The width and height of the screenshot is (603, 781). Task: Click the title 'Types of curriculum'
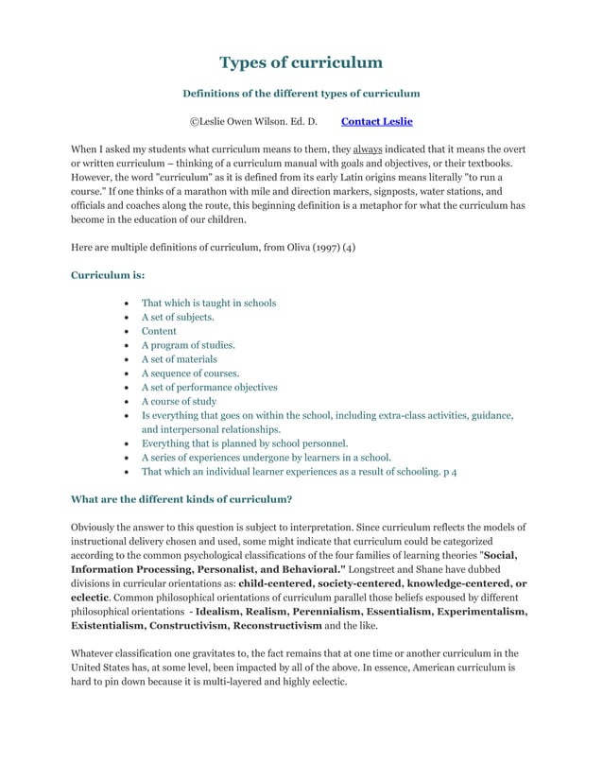click(x=301, y=63)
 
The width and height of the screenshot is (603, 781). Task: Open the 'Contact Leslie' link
click(x=376, y=122)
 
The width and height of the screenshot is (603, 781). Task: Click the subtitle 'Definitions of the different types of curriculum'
click(x=301, y=94)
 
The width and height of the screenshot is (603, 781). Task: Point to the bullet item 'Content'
click(x=159, y=331)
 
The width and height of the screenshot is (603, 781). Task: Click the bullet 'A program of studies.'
click(x=188, y=345)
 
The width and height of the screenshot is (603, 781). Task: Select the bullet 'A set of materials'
click(x=180, y=358)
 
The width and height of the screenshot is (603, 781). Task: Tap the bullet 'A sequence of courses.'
click(x=190, y=373)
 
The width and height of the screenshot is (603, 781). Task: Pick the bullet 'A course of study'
click(x=179, y=401)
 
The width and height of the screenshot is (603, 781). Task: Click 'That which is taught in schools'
click(x=209, y=303)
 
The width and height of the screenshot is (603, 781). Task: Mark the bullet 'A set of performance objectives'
click(x=210, y=387)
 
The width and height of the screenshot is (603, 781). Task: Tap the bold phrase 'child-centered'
click(x=283, y=583)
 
